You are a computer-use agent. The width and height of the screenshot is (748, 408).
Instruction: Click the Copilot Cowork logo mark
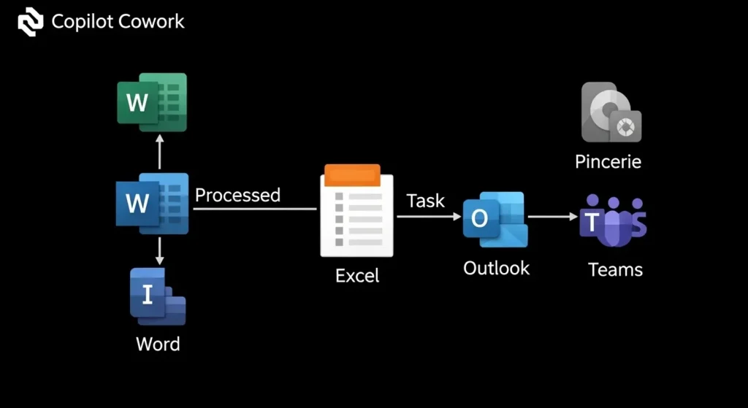[x=31, y=22]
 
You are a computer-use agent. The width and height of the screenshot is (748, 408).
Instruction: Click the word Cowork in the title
[x=150, y=22]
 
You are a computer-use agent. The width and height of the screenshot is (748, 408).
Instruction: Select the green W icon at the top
[x=152, y=102]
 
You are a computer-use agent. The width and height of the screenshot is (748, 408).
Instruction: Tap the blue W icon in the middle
[x=152, y=203]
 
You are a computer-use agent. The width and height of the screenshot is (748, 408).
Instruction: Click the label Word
[x=158, y=344]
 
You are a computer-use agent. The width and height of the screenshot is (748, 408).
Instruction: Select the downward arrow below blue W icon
[x=159, y=251]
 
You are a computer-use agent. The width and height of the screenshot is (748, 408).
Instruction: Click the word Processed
[x=237, y=196]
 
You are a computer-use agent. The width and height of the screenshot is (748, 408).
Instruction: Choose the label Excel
[x=357, y=276]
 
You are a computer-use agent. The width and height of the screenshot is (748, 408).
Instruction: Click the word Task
[x=425, y=201]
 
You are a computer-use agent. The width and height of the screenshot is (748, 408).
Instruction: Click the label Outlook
[x=496, y=268]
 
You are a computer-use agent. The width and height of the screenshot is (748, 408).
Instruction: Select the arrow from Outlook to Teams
[x=553, y=217]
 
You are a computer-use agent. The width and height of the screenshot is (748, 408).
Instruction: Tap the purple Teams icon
[x=614, y=221]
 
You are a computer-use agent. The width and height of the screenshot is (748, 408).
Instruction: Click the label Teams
[x=615, y=270]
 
